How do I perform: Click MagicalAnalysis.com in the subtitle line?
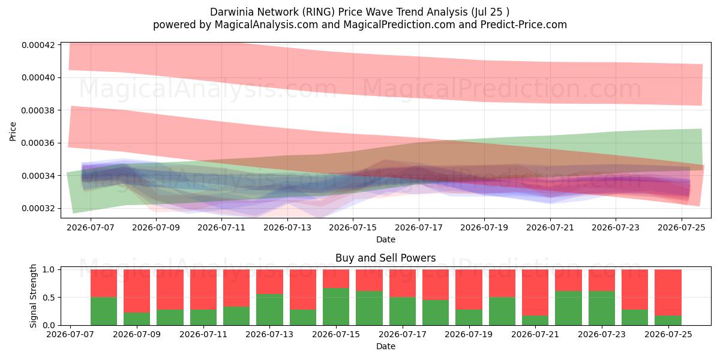(266, 25)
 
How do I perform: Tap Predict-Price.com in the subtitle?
(524, 25)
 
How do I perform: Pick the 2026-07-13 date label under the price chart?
(287, 227)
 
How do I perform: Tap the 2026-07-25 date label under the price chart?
(682, 227)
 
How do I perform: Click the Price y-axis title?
(13, 131)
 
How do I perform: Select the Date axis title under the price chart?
(386, 239)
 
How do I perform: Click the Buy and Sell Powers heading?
(386, 258)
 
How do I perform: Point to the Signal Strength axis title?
(33, 296)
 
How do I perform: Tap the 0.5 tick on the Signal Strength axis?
(49, 298)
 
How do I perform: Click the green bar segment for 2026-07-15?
(336, 307)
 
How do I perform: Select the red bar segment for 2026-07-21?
(535, 293)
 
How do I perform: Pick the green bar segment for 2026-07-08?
(104, 311)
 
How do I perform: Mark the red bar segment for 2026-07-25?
(668, 293)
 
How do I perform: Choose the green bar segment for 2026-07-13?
(269, 310)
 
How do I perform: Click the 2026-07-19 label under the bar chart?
(469, 335)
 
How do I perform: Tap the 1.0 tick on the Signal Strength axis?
(49, 269)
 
